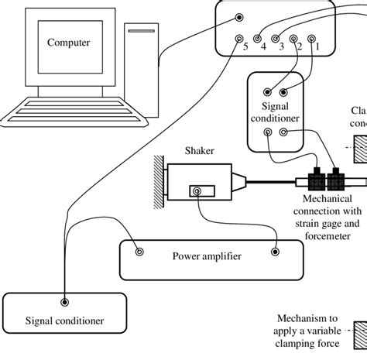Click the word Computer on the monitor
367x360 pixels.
pos(68,42)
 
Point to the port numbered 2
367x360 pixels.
pos(293,38)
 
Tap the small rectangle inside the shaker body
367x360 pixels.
pos(205,190)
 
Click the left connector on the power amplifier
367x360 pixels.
pos(140,251)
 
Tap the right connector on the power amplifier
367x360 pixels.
pos(276,251)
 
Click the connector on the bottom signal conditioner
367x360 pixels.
pos(63,303)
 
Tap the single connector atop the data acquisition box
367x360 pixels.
pos(242,16)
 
